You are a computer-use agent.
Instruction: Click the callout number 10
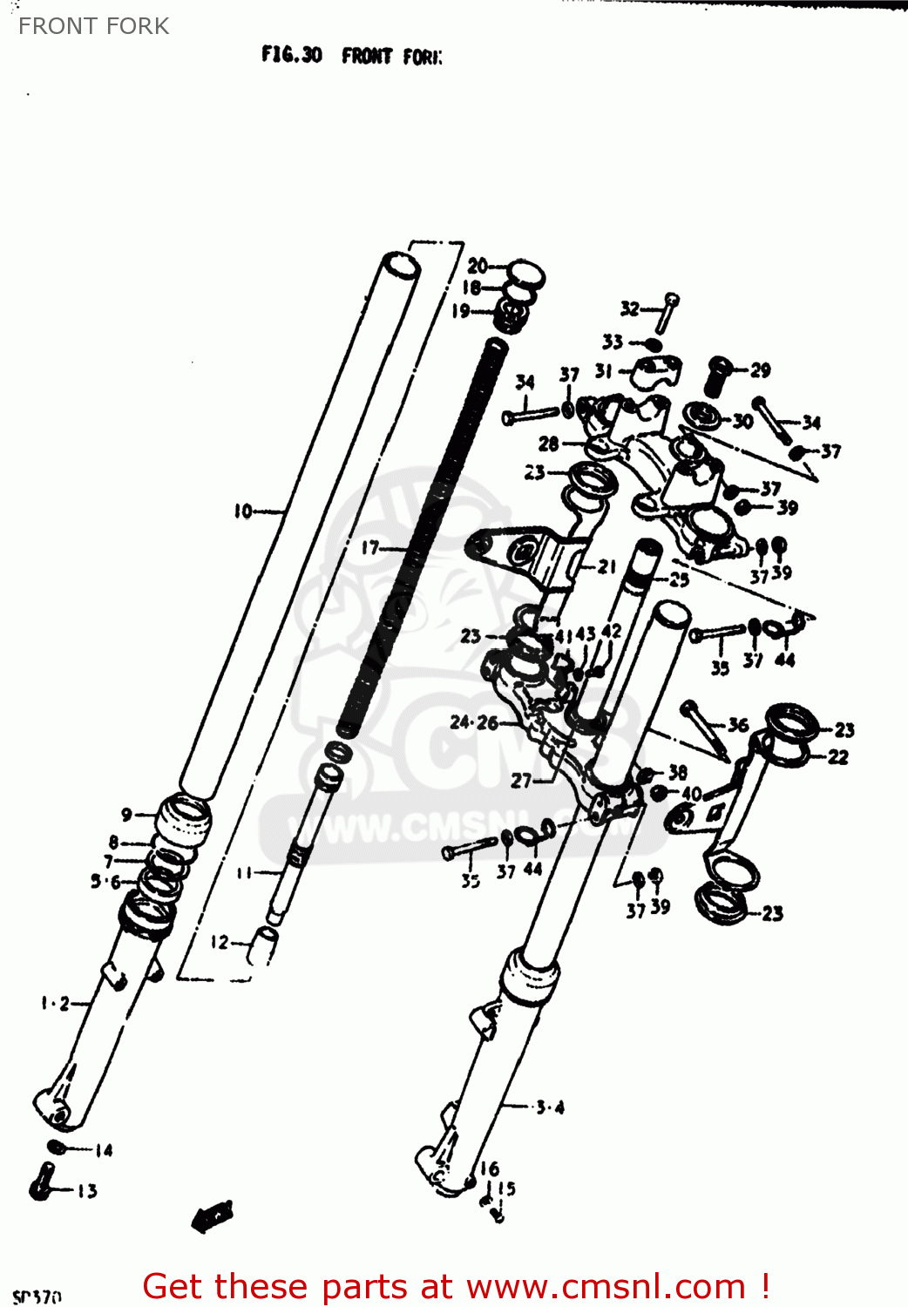242,511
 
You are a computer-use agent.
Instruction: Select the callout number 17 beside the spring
370,548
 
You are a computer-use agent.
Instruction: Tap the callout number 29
761,370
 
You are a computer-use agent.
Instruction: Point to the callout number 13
87,1191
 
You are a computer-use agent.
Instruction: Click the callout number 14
104,1150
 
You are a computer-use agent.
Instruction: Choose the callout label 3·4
550,1107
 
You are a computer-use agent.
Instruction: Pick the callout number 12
220,942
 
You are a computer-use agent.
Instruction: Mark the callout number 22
837,756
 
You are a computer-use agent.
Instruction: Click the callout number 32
630,308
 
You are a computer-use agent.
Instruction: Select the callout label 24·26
474,722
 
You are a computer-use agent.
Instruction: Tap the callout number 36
738,725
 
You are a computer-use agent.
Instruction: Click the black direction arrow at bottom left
213,1215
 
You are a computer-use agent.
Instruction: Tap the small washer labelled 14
57,1146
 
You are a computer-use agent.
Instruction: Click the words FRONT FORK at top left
93,26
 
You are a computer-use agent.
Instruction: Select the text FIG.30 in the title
292,55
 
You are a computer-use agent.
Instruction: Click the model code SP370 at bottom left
37,1297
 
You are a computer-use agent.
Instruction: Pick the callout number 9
127,815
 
